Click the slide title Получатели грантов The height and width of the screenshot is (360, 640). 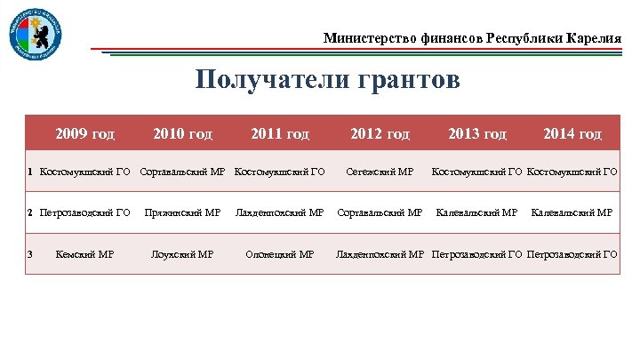click(328, 81)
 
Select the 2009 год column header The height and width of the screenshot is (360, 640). click(84, 134)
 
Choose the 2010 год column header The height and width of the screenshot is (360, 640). click(182, 134)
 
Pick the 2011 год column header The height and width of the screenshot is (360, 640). click(280, 134)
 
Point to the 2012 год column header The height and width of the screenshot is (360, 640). click(380, 134)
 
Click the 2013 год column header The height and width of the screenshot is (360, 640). click(477, 134)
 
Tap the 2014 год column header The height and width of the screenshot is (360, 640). click(572, 134)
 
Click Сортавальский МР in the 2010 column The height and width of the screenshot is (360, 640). click(183, 172)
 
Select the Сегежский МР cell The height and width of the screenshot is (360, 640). click(380, 172)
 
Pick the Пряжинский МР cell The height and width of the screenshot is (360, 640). click(182, 213)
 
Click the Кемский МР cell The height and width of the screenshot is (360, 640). click(84, 254)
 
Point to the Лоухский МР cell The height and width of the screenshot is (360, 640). click(182, 254)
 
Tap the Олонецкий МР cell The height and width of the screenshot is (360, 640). click(280, 254)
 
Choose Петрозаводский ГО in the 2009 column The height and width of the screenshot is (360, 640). click(85, 213)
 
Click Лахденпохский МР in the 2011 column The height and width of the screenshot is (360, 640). click(280, 213)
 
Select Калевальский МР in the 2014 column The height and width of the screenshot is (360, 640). click(572, 213)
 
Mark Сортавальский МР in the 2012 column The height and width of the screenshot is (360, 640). click(380, 213)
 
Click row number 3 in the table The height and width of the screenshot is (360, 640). click(30, 254)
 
